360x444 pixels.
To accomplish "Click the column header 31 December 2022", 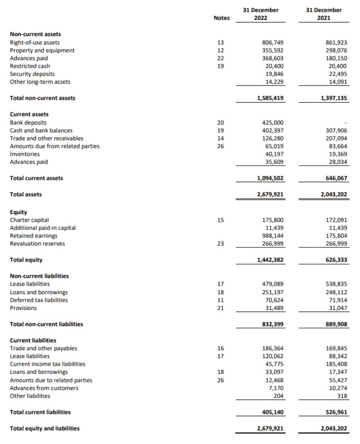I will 266,14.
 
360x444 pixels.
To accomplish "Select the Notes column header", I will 221,18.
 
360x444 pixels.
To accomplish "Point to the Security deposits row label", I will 32,74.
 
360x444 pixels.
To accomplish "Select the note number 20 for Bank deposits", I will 220,122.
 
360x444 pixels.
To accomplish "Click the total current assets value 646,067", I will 335,178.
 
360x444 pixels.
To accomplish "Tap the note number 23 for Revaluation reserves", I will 220,244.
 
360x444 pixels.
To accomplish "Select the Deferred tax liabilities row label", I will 39,300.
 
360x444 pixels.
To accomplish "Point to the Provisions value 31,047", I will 337,308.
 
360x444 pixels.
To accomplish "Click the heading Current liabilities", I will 33,340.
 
